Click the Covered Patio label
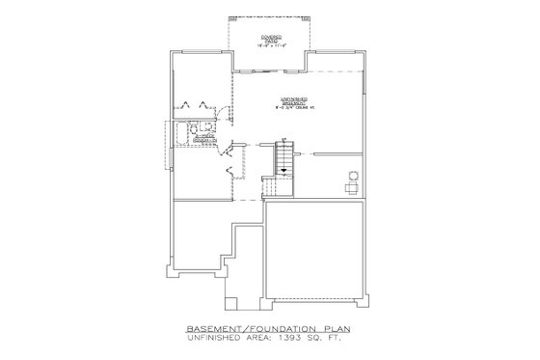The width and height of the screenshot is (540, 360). [269, 38]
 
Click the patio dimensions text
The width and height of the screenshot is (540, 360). [269, 47]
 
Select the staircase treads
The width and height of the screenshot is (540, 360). [284, 154]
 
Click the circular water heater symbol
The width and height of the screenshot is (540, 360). [352, 175]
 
